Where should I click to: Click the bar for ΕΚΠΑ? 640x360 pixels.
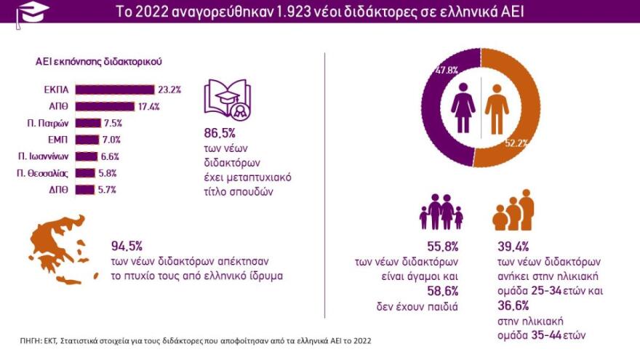(114, 89)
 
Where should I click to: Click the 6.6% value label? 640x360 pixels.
(110, 156)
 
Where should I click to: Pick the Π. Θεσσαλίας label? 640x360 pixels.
(44, 173)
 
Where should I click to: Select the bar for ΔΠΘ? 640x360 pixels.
(85, 190)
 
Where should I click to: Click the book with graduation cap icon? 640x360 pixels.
(227, 100)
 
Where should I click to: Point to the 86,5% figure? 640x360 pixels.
(221, 135)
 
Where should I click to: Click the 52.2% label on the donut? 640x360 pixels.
(516, 143)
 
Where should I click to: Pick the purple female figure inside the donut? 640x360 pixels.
(463, 108)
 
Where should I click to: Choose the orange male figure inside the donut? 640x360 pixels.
(497, 108)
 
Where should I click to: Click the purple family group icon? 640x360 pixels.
(441, 212)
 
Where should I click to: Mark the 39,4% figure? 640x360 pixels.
(510, 245)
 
